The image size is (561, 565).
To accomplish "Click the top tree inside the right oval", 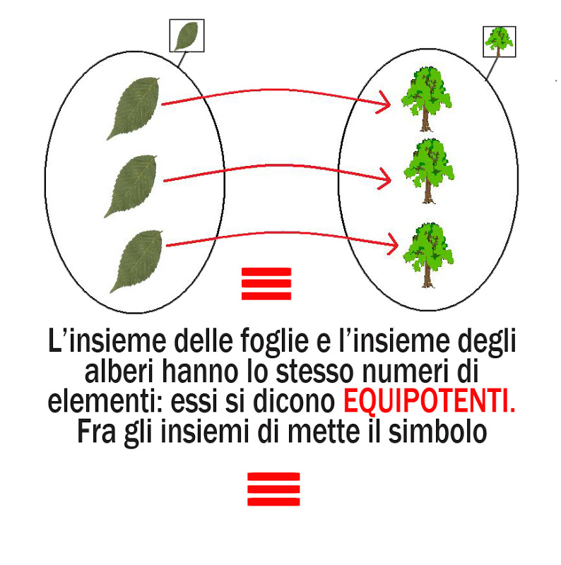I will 426,97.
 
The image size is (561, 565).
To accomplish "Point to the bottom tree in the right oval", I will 427,253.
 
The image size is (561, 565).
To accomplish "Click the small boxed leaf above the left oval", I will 187,35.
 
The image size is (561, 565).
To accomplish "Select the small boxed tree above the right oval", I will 499,41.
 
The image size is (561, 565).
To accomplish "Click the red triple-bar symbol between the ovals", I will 266,284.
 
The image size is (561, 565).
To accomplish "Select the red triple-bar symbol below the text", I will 273,489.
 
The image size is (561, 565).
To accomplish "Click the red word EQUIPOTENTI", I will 429,402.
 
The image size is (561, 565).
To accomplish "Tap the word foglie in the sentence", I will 272,344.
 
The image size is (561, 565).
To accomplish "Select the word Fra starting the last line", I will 97,430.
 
